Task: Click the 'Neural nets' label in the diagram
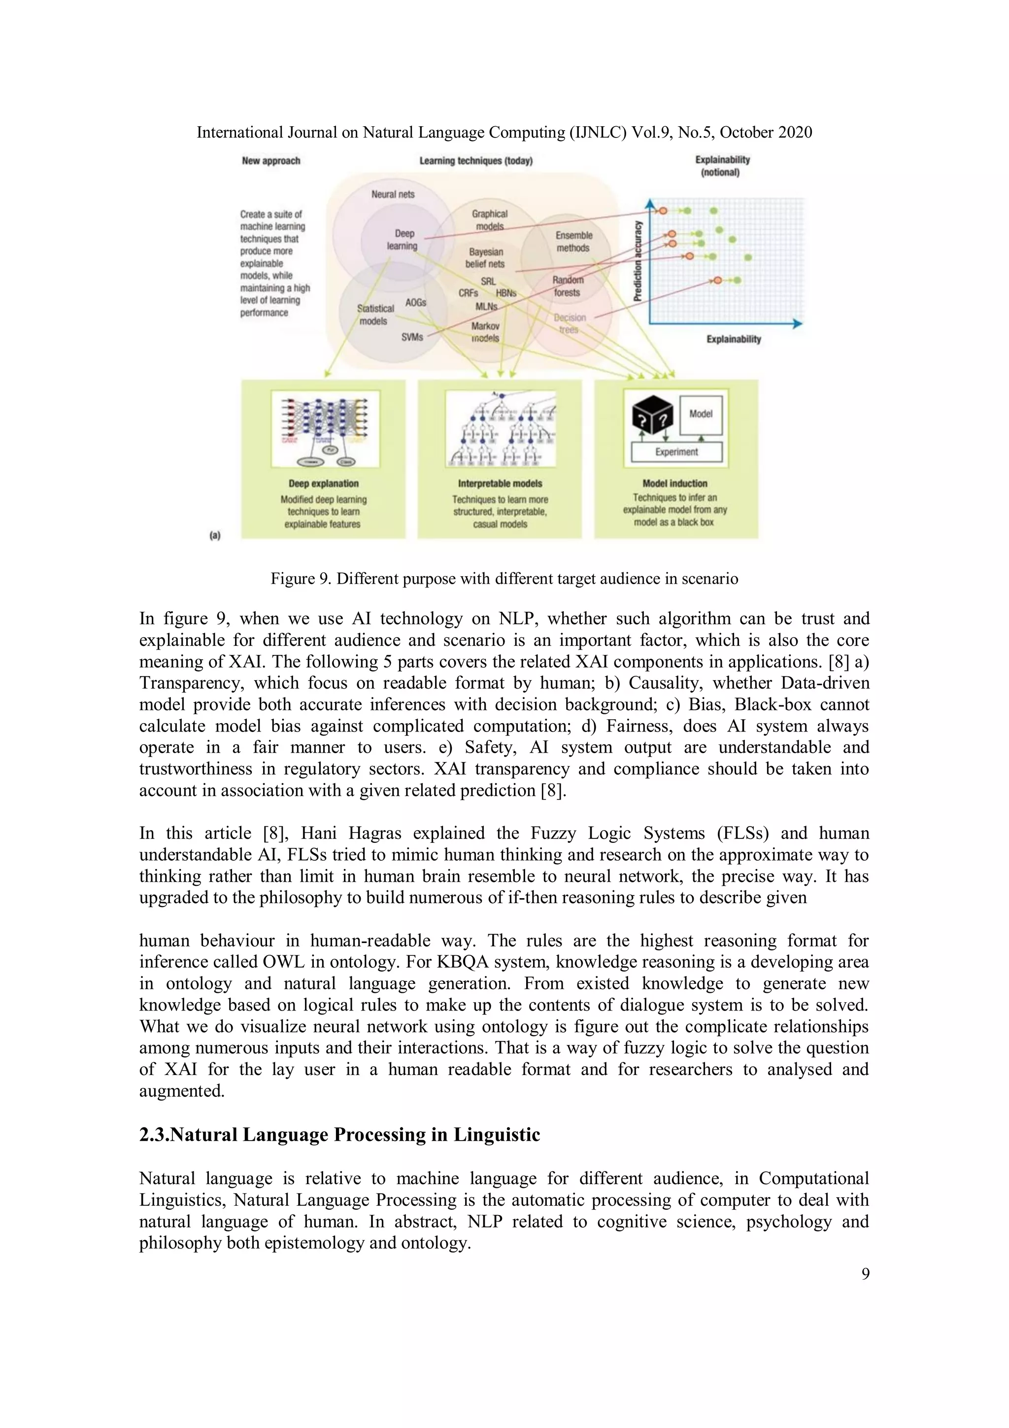click(392, 194)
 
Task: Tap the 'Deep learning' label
click(403, 240)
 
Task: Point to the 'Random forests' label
click(567, 286)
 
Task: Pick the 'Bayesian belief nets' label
click(486, 257)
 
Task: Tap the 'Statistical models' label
click(374, 314)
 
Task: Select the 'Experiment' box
click(676, 452)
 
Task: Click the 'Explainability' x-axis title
click(734, 339)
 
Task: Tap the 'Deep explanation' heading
click(323, 483)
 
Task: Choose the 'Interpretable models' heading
click(500, 483)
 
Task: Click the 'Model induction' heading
click(674, 483)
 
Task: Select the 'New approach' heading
click(271, 161)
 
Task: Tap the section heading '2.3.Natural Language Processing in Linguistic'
click(339, 1134)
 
